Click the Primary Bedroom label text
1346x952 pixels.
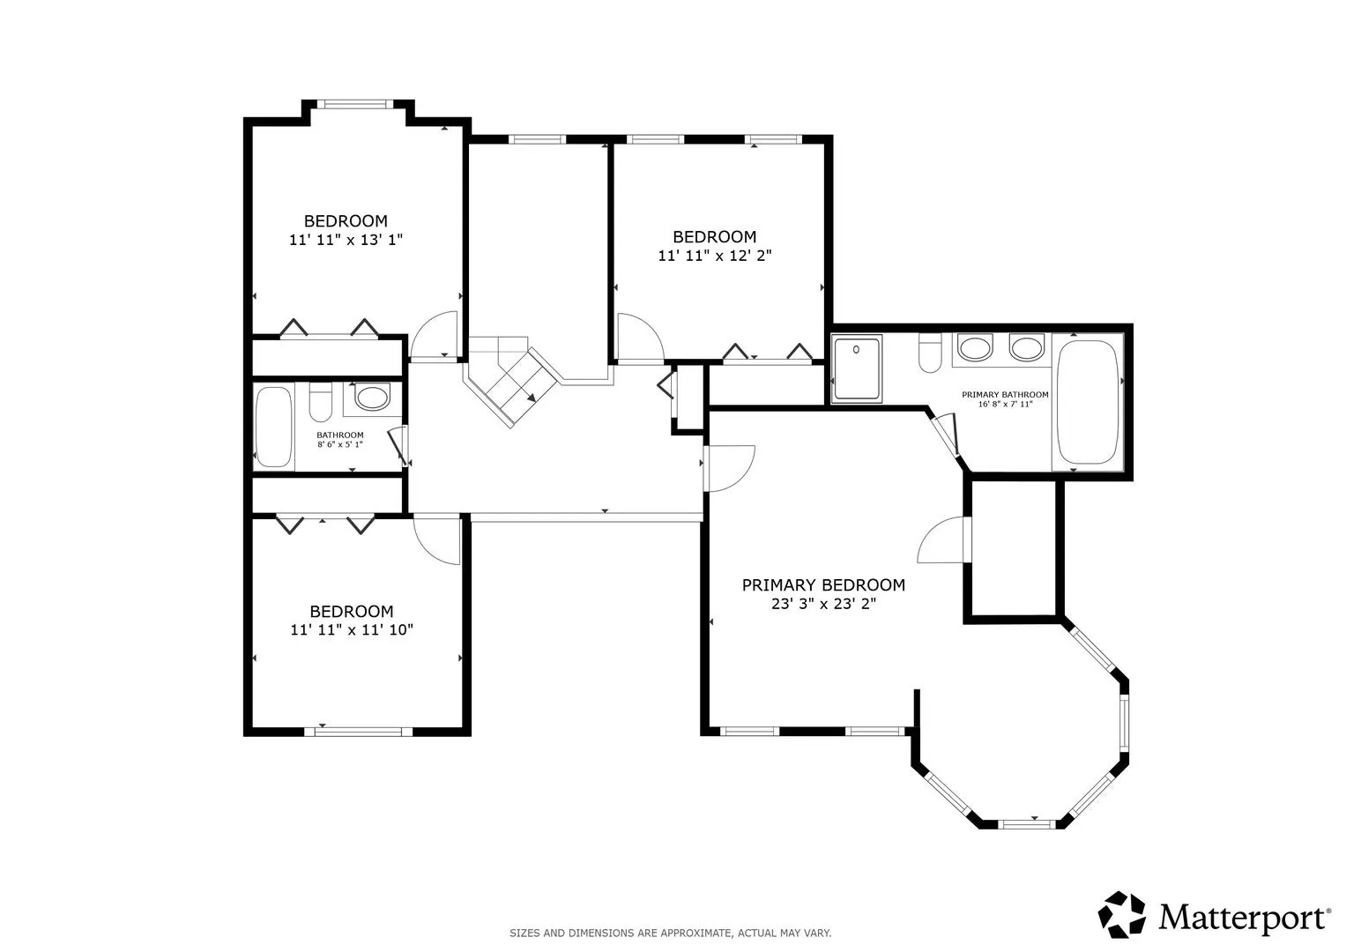(823, 584)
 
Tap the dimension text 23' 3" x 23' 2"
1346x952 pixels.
(823, 604)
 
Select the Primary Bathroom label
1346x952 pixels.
(1005, 394)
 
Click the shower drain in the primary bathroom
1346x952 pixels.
(856, 349)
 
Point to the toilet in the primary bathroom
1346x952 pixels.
(930, 353)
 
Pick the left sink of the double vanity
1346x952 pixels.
(975, 348)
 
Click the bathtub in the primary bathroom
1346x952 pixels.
(1088, 402)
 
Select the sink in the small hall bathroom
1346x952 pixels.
(372, 398)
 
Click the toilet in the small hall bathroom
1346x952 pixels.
(320, 401)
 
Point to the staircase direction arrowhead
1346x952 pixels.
(532, 397)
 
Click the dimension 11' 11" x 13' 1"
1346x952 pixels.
(346, 240)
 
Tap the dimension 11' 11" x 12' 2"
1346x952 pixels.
(715, 256)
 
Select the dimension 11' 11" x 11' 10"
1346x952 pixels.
(352, 630)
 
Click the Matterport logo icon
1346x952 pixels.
(1121, 915)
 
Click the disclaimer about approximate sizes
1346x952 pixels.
(671, 933)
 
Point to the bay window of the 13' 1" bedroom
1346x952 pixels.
(354, 104)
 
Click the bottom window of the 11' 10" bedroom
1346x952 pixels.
(359, 732)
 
